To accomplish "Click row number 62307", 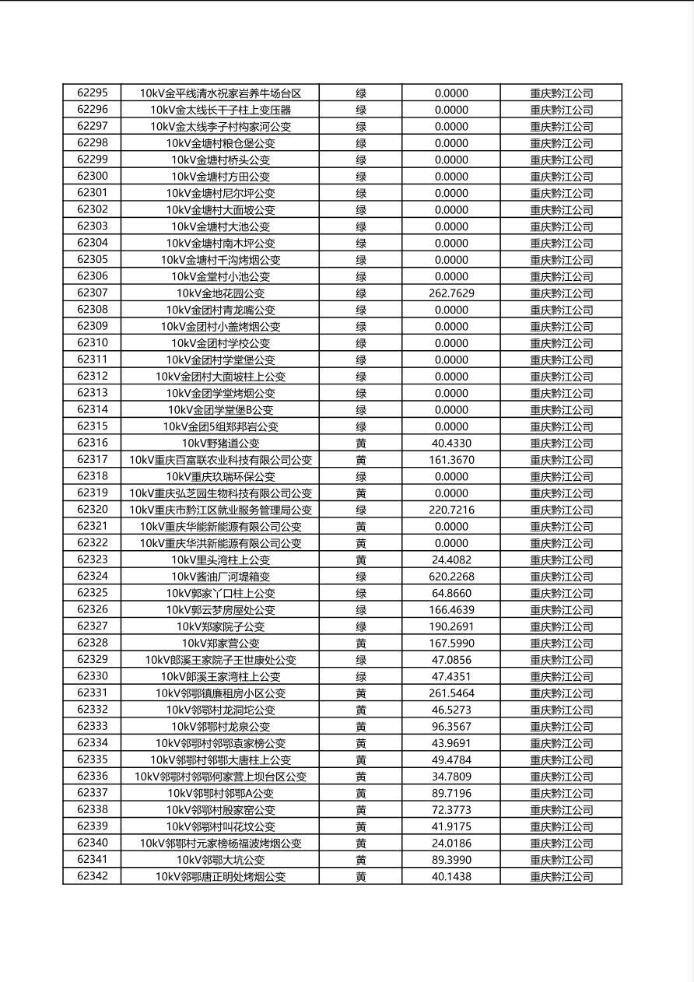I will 92,293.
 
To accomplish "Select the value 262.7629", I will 451,293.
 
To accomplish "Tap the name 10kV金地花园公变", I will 220,293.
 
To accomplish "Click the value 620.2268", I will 451,577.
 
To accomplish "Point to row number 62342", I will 92,877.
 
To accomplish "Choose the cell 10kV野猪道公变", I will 220,444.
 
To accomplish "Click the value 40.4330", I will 451,444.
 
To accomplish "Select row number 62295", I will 92,93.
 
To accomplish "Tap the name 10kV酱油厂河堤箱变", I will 220,577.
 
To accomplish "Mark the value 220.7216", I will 451,510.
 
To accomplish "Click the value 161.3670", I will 451,460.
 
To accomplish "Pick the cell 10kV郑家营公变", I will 220,644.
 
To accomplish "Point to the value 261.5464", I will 451,693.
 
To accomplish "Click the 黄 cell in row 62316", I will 361,444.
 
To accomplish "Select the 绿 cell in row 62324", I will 361,577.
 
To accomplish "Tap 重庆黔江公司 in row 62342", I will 561,877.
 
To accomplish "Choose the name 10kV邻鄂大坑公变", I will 220,860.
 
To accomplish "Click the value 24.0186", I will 451,843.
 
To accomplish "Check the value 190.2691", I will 451,626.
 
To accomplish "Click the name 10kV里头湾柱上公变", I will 220,560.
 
